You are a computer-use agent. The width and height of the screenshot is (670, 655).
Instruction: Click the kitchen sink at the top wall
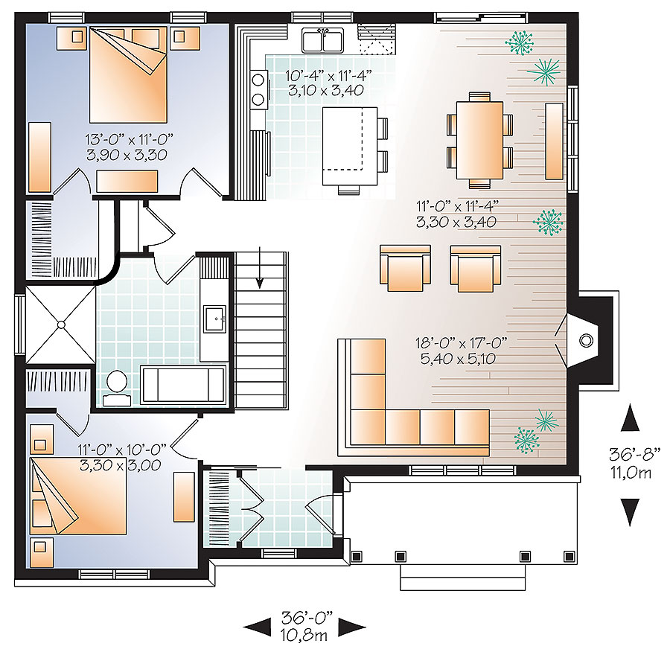click(323, 39)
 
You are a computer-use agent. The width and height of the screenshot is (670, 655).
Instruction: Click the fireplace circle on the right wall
click(587, 341)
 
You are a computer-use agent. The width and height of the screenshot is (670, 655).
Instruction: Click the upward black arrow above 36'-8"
click(631, 418)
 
